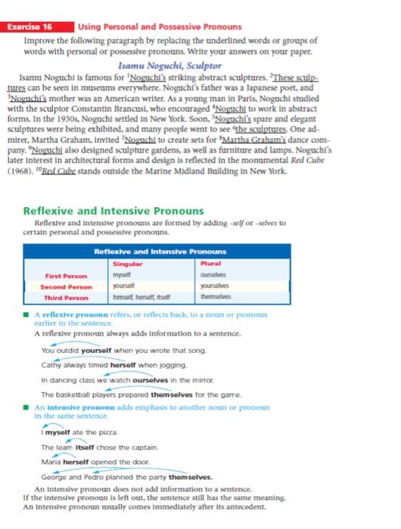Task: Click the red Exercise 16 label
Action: click(38, 26)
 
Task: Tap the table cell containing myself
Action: click(122, 277)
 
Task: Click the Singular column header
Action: click(127, 264)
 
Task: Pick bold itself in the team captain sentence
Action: click(85, 447)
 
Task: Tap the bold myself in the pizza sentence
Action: click(58, 432)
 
